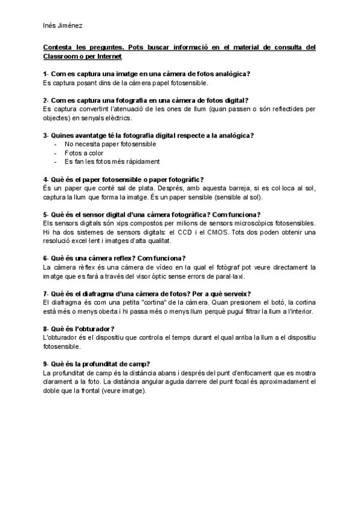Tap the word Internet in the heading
[106, 56]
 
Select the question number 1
[46, 74]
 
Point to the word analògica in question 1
[229, 74]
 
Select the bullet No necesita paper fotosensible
[101, 144]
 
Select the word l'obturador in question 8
[95, 328]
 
